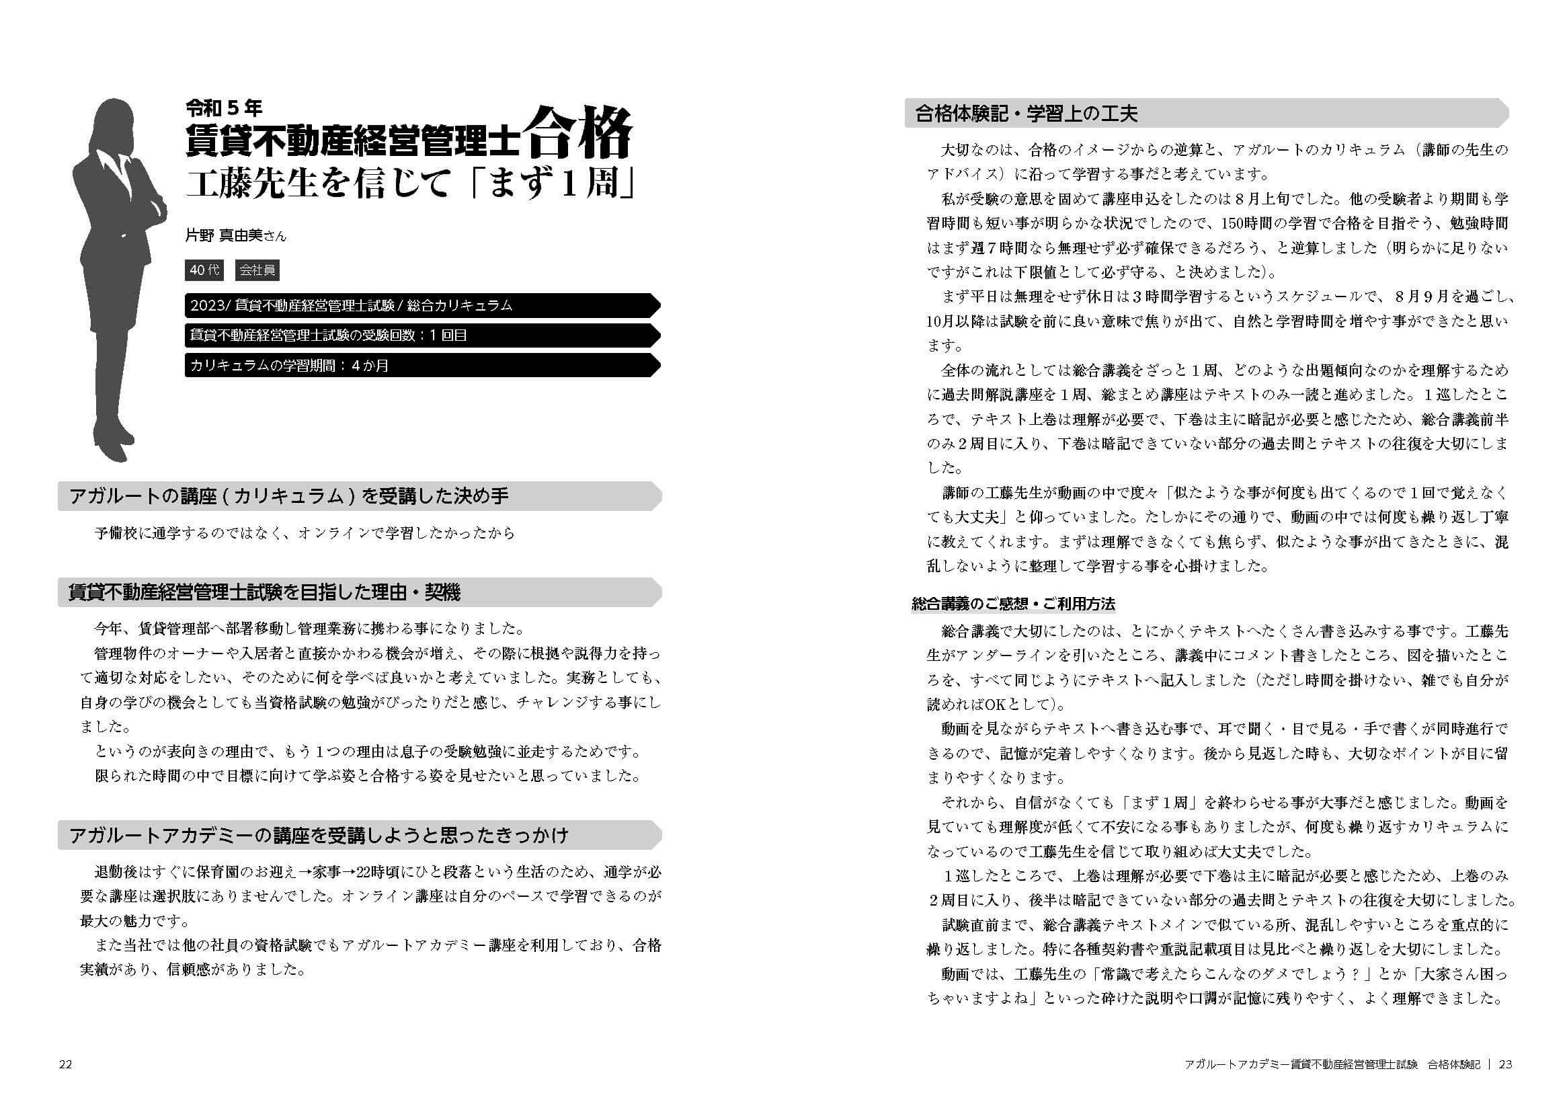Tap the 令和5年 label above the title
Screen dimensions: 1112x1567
coord(223,108)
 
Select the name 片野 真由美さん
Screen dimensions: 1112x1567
coord(235,235)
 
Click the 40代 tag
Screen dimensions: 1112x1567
coord(204,270)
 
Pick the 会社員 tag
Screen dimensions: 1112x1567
coord(257,270)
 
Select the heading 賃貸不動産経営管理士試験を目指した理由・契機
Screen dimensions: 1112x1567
coord(264,592)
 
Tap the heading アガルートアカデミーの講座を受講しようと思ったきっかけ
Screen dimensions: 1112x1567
coord(319,836)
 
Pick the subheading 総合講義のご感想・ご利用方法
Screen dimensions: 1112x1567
coord(1013,604)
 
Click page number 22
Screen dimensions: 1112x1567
coord(66,1065)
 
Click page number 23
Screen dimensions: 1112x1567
coord(1505,1065)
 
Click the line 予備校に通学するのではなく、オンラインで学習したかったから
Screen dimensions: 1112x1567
coord(304,532)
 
